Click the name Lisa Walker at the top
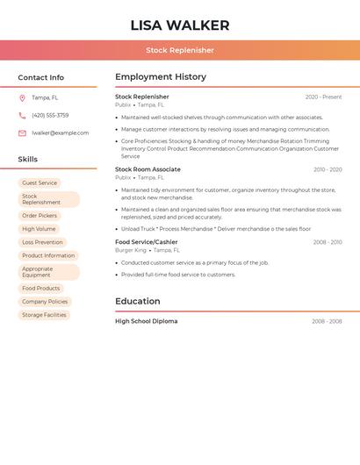click(180, 25)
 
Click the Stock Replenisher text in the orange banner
click(180, 50)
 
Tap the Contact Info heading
click(40, 77)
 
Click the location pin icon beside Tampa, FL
click(22, 97)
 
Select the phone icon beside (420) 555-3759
click(22, 115)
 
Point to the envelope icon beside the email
click(22, 133)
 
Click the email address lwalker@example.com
click(60, 133)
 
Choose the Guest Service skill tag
click(40, 183)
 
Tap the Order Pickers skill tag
click(40, 215)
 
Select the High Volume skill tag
click(39, 229)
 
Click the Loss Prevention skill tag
click(42, 242)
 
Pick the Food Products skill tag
click(41, 288)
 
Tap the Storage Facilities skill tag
click(44, 315)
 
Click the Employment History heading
click(161, 77)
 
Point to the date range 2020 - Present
click(323, 97)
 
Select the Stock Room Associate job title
click(148, 169)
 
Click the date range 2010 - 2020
click(328, 169)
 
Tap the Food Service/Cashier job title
click(146, 242)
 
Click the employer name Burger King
click(130, 251)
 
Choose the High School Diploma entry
click(146, 321)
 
